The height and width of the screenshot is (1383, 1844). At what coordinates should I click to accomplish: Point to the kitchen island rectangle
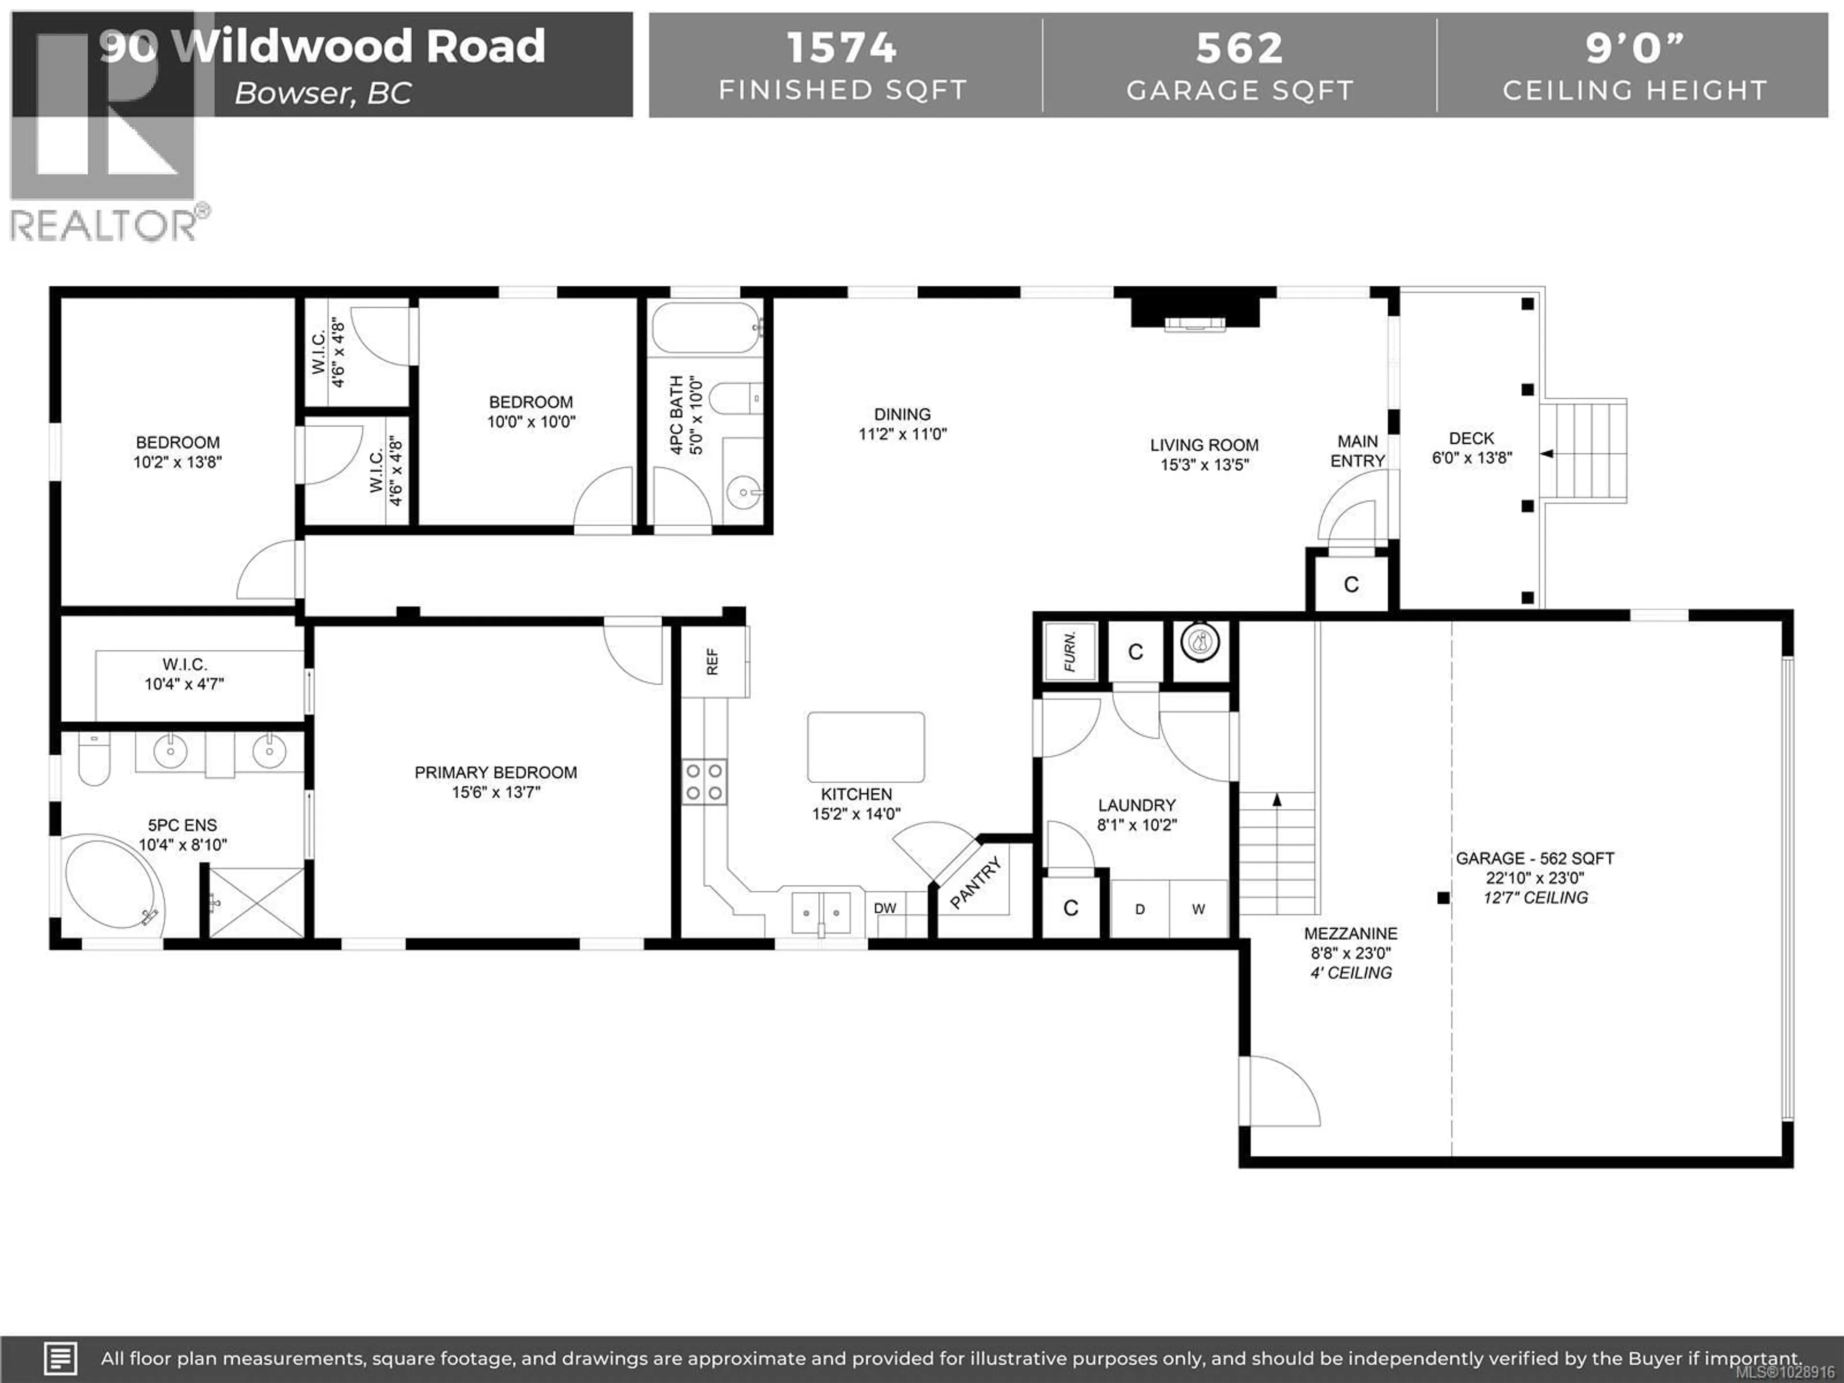point(865,747)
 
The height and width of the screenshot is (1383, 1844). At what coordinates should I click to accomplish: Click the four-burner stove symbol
point(704,782)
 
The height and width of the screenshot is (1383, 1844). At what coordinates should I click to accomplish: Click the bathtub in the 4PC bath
point(705,328)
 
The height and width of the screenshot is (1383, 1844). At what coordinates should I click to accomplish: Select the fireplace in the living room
point(1195,312)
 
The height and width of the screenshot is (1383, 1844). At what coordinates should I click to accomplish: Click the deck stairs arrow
point(1546,454)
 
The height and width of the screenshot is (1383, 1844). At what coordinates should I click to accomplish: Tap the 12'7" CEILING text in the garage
point(1536,898)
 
